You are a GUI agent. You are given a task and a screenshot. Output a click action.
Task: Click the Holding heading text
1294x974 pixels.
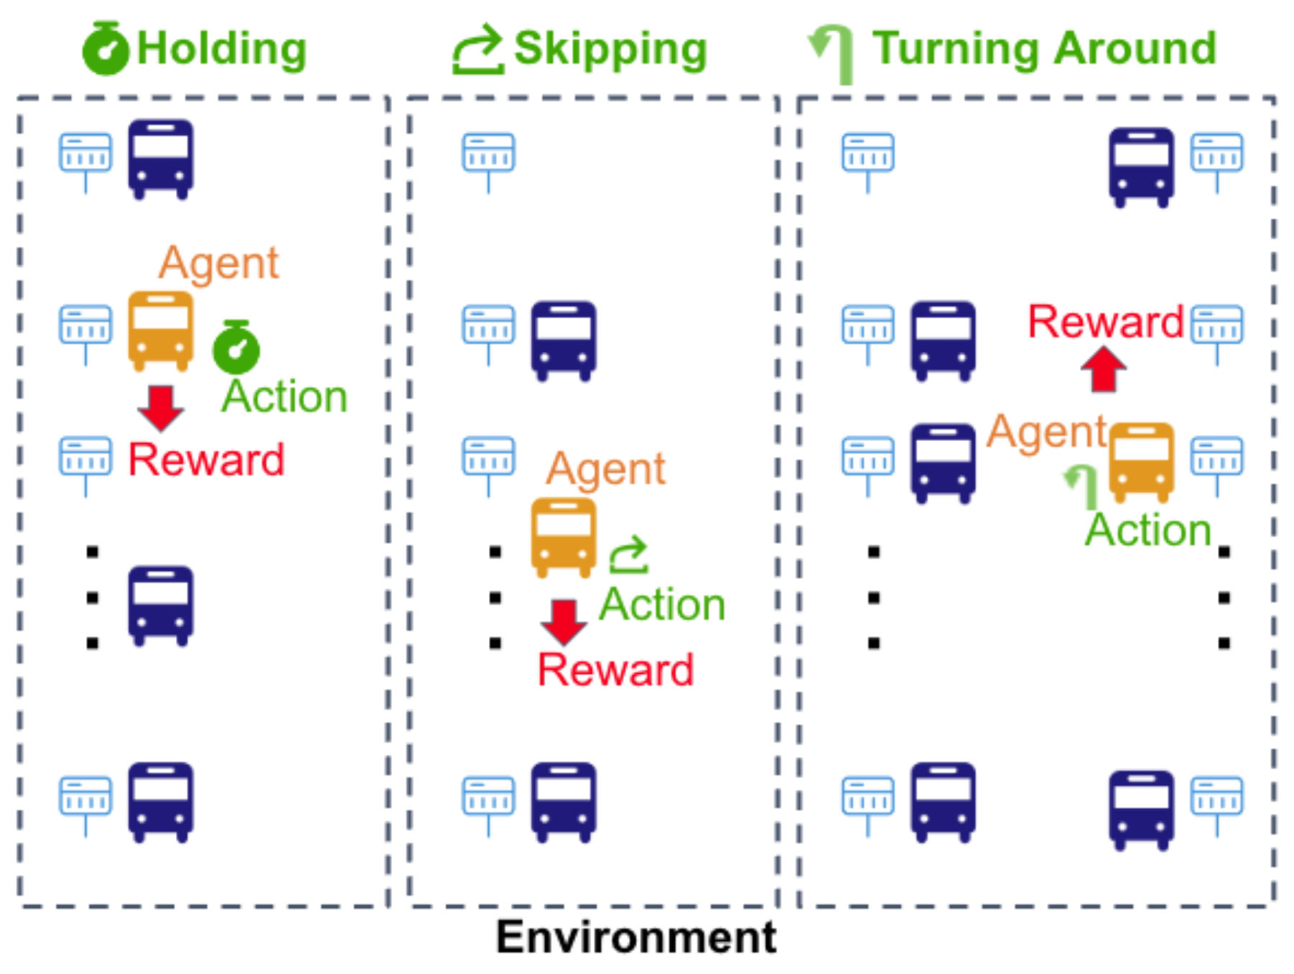click(x=221, y=49)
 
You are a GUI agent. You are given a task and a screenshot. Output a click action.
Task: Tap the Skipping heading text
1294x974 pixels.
click(x=610, y=49)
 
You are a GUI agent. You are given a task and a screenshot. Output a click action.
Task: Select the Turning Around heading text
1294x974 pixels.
click(x=1044, y=49)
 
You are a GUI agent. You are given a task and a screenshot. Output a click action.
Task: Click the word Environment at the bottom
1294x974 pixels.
click(x=636, y=937)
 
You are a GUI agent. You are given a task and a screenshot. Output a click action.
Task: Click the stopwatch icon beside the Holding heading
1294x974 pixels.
click(x=105, y=49)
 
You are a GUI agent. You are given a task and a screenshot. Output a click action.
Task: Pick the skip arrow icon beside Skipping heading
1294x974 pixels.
click(x=478, y=49)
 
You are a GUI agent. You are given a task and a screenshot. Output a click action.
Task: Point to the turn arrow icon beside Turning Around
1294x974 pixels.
click(x=833, y=52)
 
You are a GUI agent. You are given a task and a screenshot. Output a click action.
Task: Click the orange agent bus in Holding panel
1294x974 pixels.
click(x=160, y=330)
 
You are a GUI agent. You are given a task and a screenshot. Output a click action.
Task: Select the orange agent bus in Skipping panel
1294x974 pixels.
click(x=563, y=537)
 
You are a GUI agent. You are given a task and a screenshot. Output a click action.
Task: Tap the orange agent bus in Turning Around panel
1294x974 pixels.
click(x=1141, y=462)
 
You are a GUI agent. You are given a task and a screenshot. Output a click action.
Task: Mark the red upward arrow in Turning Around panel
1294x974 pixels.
click(x=1103, y=369)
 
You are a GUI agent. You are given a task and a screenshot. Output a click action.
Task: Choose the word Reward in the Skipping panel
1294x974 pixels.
click(x=615, y=669)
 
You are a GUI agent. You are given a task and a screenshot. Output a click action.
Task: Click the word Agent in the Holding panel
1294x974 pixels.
click(x=218, y=263)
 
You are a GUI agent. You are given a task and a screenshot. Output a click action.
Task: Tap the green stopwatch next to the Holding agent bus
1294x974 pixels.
click(x=236, y=348)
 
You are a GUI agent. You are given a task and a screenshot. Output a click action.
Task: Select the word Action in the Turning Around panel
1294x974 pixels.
click(x=1148, y=530)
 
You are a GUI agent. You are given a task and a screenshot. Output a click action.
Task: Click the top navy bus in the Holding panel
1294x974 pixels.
click(x=160, y=159)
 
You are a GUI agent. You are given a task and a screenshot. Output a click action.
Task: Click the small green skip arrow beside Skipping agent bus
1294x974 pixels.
click(x=629, y=555)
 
